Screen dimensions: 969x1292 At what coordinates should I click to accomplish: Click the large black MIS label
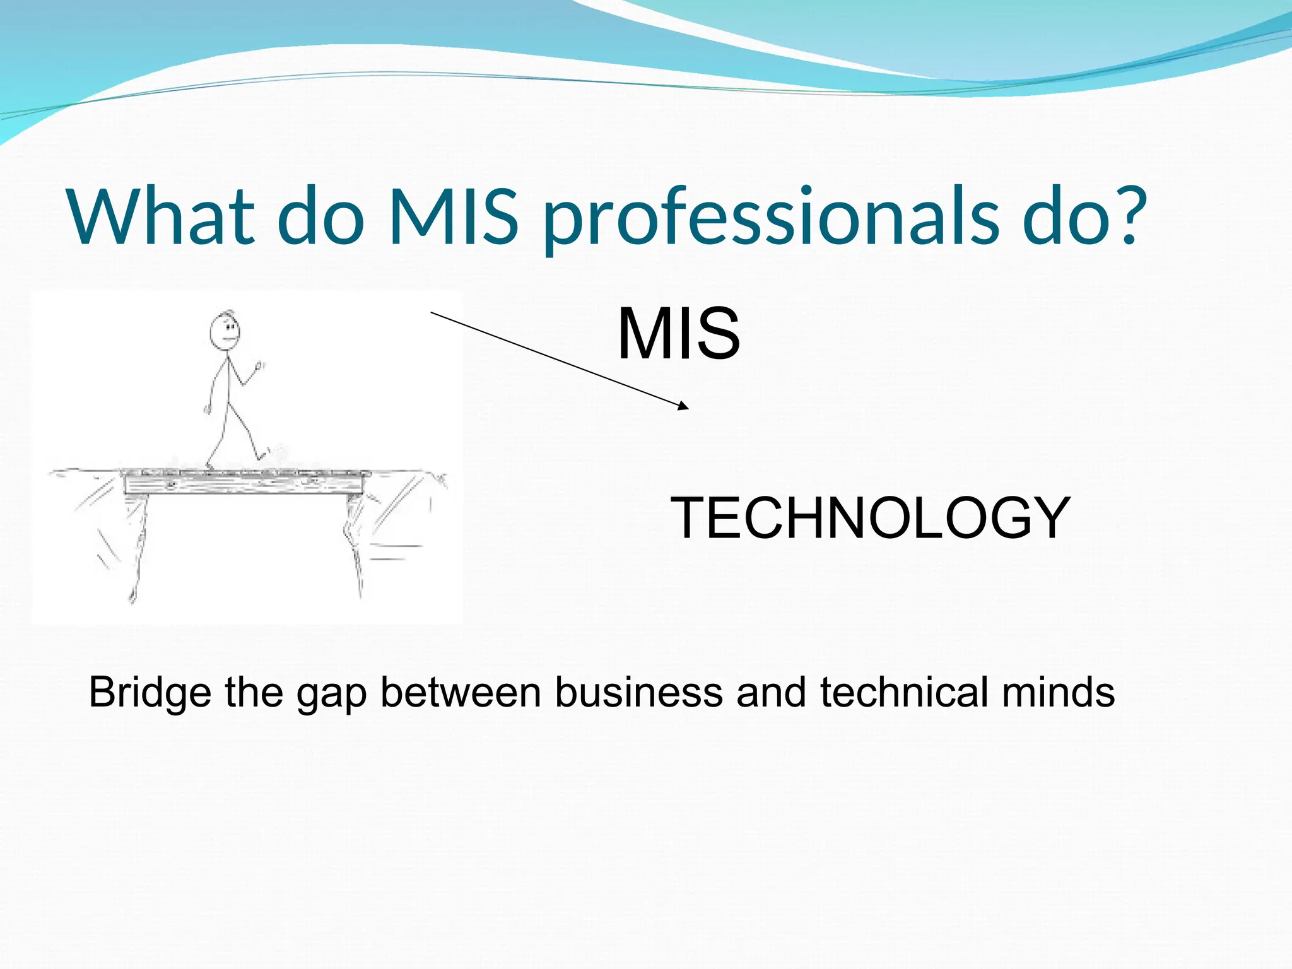coord(678,334)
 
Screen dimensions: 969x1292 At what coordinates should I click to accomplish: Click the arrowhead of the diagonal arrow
coord(684,407)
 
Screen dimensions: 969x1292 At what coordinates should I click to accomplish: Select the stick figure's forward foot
coord(261,455)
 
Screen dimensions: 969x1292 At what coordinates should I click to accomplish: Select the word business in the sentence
coord(638,692)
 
